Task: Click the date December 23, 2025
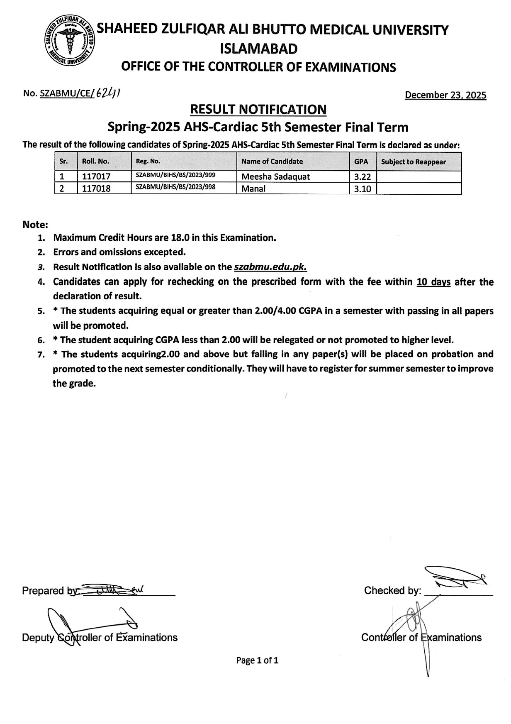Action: (x=445, y=95)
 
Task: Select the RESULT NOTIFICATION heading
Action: (x=258, y=110)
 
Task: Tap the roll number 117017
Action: (x=96, y=176)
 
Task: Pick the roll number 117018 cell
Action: (x=96, y=188)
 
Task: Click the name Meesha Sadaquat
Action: (x=275, y=176)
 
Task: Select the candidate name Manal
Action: (x=253, y=188)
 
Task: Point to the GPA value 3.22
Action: (x=362, y=176)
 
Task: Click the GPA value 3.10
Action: (x=362, y=188)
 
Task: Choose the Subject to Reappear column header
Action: (x=413, y=162)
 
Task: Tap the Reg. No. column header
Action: (x=148, y=161)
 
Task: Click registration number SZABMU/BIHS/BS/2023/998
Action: (x=175, y=187)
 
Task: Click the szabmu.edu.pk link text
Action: (x=270, y=267)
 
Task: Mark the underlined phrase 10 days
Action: (x=433, y=282)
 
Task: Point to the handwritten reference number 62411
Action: (x=108, y=93)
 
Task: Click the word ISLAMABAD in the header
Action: (x=258, y=49)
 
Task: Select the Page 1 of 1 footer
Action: (x=257, y=660)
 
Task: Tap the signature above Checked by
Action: (x=454, y=578)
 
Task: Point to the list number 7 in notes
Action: (x=41, y=355)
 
